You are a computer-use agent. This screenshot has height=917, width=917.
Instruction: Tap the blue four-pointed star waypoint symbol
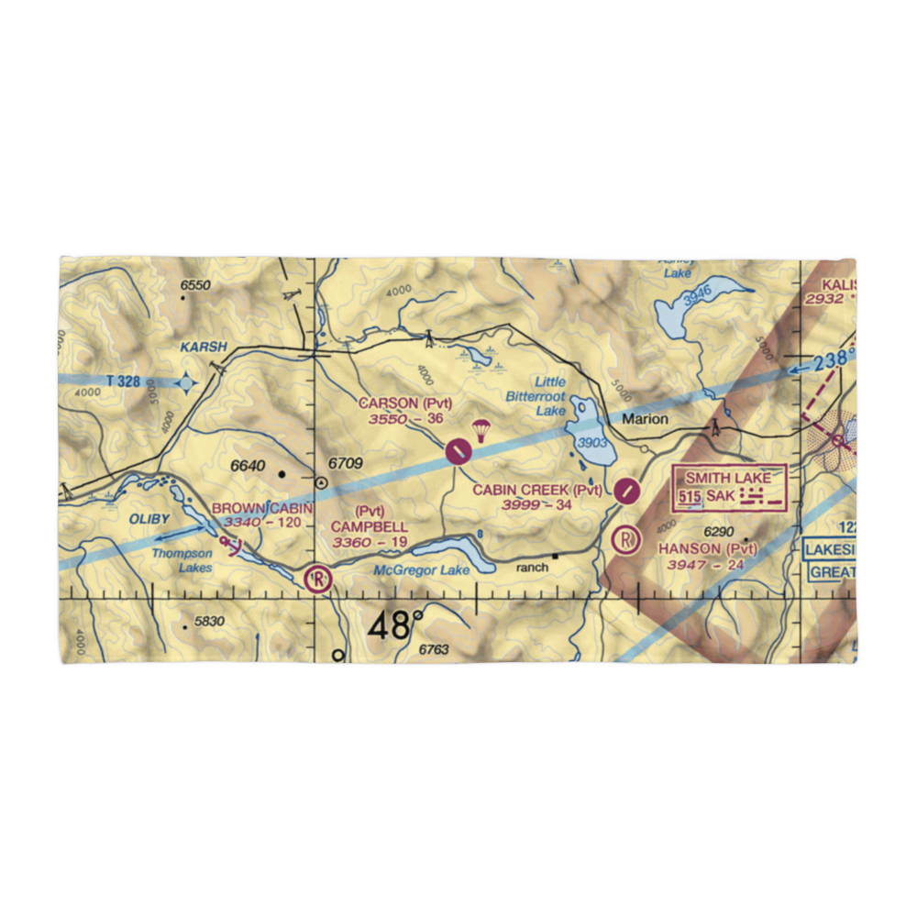[186, 382]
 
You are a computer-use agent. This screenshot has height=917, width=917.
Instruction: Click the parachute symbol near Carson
[480, 429]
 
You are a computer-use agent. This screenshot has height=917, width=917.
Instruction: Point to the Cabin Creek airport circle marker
[626, 490]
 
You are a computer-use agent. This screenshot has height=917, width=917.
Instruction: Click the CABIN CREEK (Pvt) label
[537, 491]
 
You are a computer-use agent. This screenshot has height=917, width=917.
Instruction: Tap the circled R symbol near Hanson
[627, 539]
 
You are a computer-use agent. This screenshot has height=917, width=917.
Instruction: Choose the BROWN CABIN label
[262, 508]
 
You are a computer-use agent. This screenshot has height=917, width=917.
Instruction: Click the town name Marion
[647, 419]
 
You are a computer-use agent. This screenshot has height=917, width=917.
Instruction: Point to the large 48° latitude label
[396, 626]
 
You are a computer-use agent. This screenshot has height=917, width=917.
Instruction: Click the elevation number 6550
[195, 286]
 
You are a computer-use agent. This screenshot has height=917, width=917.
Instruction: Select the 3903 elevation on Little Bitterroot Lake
[591, 442]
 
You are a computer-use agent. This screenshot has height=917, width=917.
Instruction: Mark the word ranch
[532, 568]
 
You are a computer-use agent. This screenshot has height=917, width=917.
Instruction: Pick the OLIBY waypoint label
[149, 519]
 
